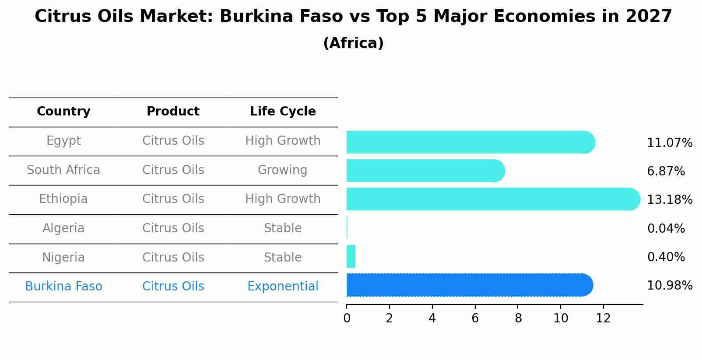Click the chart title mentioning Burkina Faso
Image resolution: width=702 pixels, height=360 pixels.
click(x=353, y=17)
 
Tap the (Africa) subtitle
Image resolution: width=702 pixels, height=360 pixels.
click(x=353, y=43)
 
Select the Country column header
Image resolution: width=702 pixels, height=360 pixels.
click(x=63, y=112)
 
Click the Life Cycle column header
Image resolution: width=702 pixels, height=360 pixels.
click(x=283, y=112)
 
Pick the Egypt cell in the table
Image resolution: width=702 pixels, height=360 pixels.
click(x=63, y=141)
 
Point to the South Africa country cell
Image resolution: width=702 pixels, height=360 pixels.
click(x=63, y=170)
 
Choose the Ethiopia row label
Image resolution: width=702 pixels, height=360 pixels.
click(x=63, y=199)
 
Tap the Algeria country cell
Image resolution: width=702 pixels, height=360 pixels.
click(x=63, y=228)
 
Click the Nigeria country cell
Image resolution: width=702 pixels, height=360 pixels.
click(x=63, y=258)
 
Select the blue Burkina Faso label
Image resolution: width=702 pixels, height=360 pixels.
click(x=63, y=287)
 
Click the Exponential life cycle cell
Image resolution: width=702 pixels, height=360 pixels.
click(x=283, y=287)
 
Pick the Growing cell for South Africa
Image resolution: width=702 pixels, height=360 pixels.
click(x=283, y=170)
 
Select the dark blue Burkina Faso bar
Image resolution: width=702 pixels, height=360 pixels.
click(x=468, y=285)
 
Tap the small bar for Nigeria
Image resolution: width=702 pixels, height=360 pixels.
click(x=351, y=256)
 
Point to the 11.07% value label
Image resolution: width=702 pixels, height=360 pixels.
click(x=670, y=143)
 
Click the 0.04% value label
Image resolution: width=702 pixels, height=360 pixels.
click(x=666, y=229)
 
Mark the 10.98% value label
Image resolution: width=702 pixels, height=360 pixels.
click(x=670, y=286)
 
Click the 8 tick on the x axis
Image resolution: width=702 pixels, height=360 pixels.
click(x=518, y=318)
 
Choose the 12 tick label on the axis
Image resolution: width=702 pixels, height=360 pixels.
click(x=604, y=318)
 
